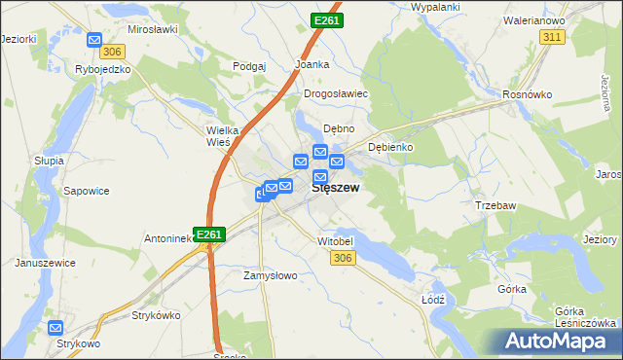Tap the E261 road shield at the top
(327, 19)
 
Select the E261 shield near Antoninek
(210, 234)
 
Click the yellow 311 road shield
(552, 36)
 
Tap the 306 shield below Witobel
(342, 257)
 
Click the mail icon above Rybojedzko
(94, 40)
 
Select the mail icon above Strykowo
(56, 328)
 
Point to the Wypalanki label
(436, 7)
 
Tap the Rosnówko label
(528, 94)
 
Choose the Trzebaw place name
(495, 205)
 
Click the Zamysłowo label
(270, 275)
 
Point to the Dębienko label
(391, 147)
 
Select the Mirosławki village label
(152, 30)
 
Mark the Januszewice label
(45, 263)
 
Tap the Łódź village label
(434, 299)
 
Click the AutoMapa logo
(559, 341)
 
